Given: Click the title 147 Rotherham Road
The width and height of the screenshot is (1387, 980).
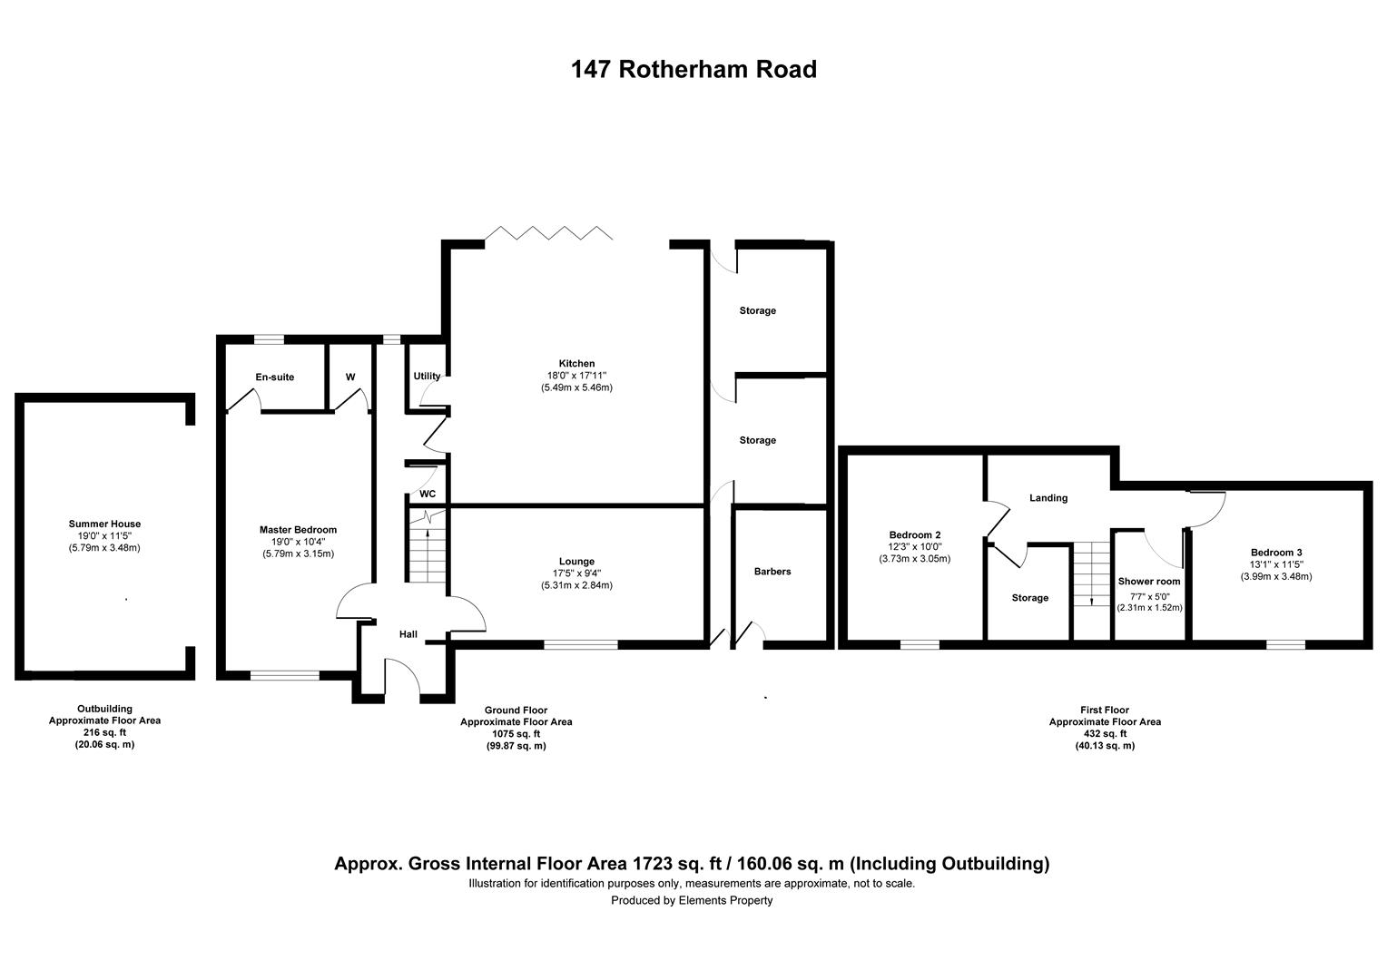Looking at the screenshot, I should click(693, 69).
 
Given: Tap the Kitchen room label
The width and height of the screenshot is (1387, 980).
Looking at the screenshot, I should click(576, 364).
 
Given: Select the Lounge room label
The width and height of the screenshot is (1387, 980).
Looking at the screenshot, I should click(576, 562).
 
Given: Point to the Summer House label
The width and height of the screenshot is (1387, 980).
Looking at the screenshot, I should click(104, 524).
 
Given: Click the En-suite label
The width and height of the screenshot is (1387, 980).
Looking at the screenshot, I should click(274, 377).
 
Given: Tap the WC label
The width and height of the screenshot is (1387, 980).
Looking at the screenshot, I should click(427, 495).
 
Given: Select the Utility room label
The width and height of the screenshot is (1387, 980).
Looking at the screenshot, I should click(427, 377).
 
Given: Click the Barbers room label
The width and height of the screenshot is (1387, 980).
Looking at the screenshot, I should click(772, 572).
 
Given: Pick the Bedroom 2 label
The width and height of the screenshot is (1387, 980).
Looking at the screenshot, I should click(914, 534).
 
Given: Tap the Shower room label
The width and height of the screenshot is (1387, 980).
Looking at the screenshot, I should click(1148, 582).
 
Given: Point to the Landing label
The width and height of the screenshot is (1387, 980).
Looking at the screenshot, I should click(1048, 498).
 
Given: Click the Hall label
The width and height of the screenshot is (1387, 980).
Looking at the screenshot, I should click(408, 634).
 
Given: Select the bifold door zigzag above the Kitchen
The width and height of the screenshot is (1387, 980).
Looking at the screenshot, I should click(548, 232).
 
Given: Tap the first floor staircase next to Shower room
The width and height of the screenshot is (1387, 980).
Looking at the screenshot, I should click(1091, 575).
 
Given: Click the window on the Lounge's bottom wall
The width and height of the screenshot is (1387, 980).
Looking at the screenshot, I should click(580, 645).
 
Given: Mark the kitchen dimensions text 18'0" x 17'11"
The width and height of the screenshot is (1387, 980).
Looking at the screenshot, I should click(576, 376).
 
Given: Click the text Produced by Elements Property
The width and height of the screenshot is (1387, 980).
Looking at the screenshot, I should click(692, 900).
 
